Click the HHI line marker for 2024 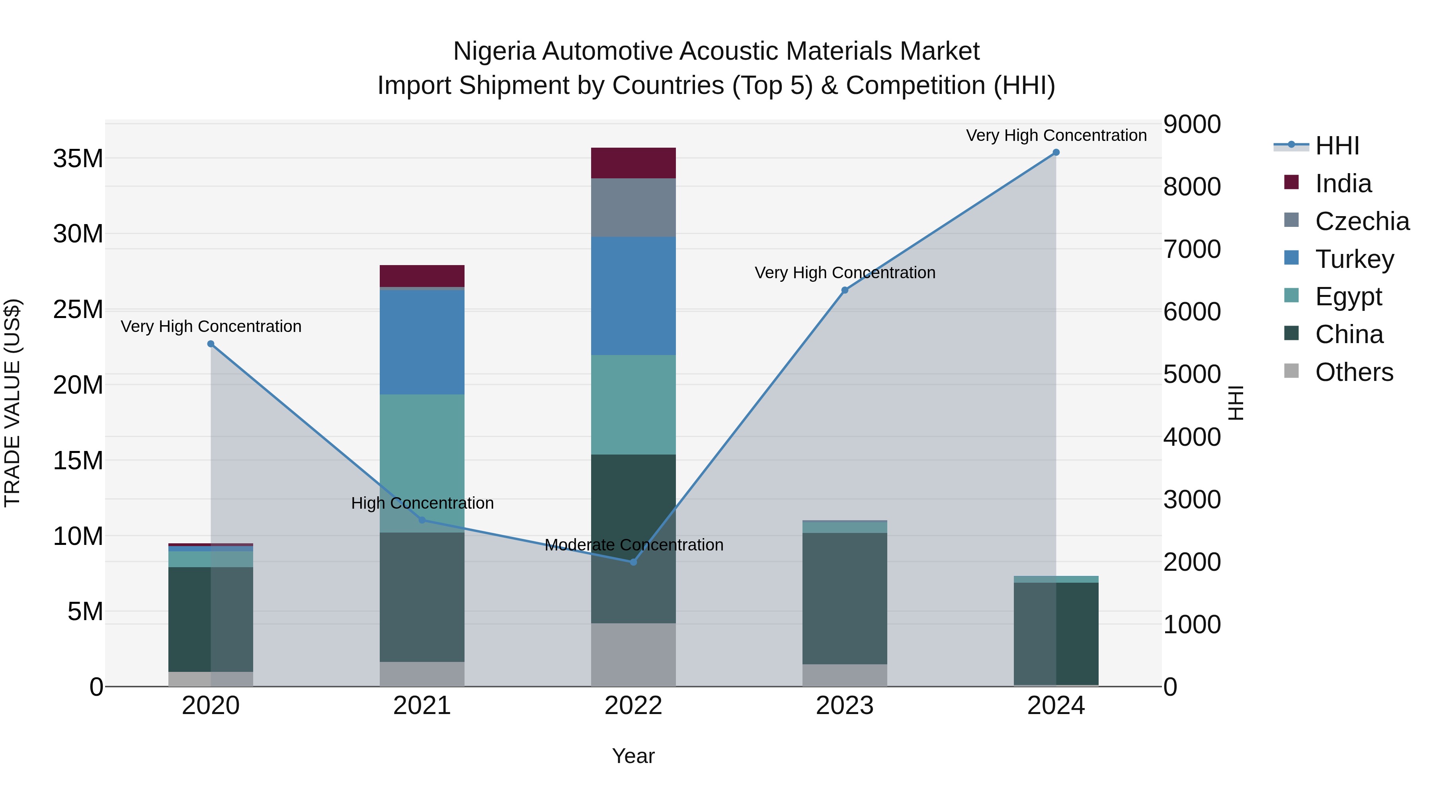(1056, 152)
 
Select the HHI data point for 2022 (633, 562)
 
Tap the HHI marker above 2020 (211, 344)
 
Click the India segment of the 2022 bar (633, 163)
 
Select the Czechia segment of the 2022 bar (633, 207)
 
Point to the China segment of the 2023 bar (844, 598)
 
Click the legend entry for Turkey (1354, 259)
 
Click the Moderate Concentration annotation (634, 544)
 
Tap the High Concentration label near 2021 (422, 503)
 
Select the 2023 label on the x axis (844, 706)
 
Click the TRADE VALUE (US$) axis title (13, 403)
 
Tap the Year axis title (633, 756)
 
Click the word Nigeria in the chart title (494, 51)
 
